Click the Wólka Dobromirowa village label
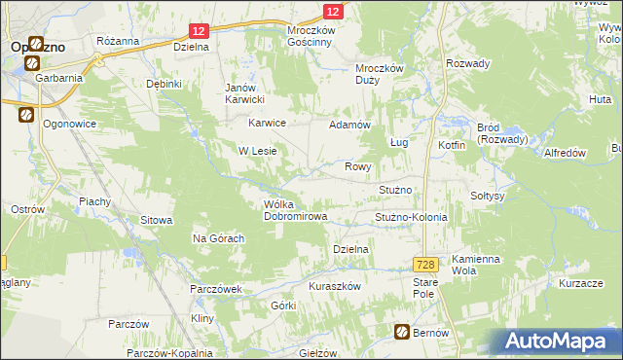[295, 209]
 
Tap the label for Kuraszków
[335, 286]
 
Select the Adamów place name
[350, 126]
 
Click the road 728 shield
[424, 265]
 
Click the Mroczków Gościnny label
[311, 37]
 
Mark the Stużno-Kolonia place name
[411, 217]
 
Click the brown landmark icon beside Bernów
[401, 333]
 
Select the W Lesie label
[259, 151]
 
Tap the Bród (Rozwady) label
[502, 133]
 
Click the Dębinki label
[165, 84]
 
